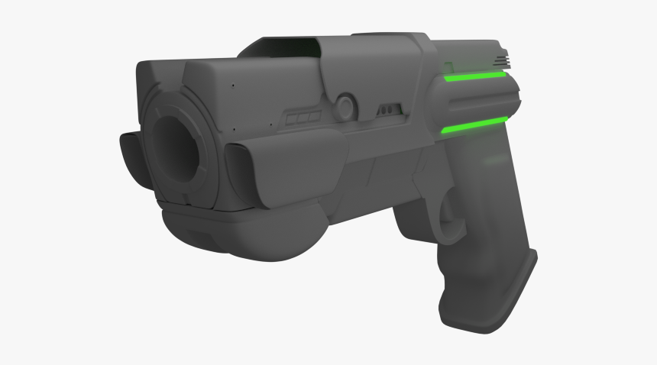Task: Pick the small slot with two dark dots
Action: [x=390, y=111]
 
